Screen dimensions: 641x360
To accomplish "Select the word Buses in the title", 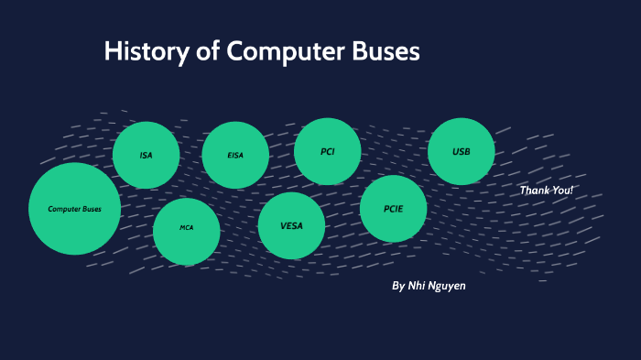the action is [x=386, y=51].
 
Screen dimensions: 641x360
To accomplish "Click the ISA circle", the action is [x=146, y=155].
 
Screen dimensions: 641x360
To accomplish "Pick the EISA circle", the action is [x=235, y=155].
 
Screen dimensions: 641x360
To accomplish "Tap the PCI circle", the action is [x=327, y=151].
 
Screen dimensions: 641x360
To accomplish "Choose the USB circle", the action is [x=462, y=151].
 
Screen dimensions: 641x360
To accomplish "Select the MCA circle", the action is [x=186, y=232].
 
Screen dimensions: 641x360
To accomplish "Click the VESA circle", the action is [x=291, y=225].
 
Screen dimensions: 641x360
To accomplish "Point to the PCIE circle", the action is [x=394, y=209].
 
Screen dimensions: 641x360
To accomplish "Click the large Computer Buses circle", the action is [x=74, y=209].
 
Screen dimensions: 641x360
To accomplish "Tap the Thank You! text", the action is [x=547, y=190].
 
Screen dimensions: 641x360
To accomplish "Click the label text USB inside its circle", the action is [x=462, y=151].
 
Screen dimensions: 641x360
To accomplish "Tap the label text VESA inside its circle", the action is [x=291, y=225].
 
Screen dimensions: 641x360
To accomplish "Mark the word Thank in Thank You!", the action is [x=535, y=190].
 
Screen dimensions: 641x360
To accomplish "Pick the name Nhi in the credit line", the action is [x=418, y=286].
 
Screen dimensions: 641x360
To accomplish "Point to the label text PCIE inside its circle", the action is [x=394, y=209].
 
